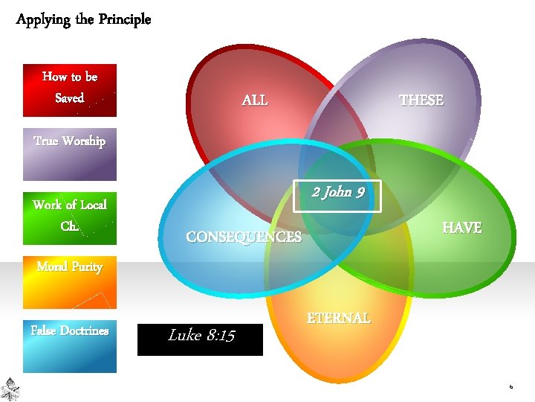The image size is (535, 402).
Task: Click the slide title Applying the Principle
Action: point(83,19)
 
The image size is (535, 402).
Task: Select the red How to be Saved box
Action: point(70,90)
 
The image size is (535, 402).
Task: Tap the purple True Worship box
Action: point(70,154)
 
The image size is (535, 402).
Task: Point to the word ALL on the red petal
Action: point(255,100)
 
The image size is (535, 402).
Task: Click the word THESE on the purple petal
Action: point(421,100)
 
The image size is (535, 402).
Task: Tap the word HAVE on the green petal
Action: point(461,228)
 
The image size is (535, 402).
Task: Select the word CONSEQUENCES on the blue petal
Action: point(244,237)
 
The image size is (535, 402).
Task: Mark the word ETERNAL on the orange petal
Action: point(339,318)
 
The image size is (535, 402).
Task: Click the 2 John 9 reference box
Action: point(338,193)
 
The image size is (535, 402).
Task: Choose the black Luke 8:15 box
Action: point(201,339)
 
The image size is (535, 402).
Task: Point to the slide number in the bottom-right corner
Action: point(511,387)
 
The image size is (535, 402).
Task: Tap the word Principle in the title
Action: point(123,19)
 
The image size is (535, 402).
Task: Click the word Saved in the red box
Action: point(70,98)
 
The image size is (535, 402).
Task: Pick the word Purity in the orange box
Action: point(87,267)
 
